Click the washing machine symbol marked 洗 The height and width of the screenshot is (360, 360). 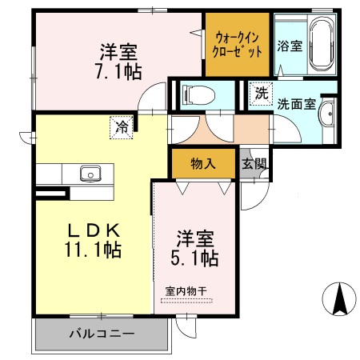[x=262, y=93]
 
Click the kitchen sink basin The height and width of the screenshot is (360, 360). [x=88, y=174]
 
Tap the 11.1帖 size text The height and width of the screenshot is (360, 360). [x=93, y=250]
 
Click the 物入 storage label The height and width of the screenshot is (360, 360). [x=203, y=164]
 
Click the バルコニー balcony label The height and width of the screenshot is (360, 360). [x=101, y=333]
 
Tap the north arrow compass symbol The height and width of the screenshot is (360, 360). [x=338, y=300]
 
